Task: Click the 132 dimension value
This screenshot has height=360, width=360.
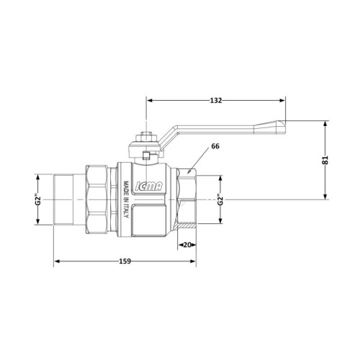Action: click(x=216, y=101)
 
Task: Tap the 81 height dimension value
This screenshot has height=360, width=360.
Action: click(x=325, y=160)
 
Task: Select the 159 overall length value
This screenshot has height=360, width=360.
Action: click(x=125, y=261)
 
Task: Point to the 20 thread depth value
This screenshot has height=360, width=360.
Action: click(x=187, y=245)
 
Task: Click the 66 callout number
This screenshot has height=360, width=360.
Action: click(x=215, y=146)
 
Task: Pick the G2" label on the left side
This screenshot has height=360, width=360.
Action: click(x=38, y=199)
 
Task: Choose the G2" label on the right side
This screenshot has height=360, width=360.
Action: click(x=220, y=199)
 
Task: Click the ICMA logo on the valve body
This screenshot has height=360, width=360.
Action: click(x=149, y=186)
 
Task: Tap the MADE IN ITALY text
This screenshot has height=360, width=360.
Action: click(x=126, y=199)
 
